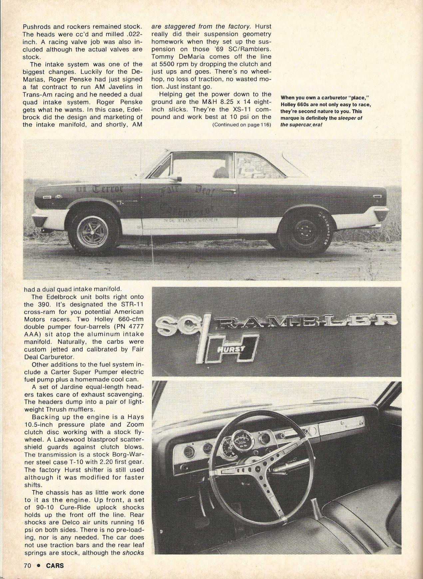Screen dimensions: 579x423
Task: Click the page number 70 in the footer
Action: point(27,565)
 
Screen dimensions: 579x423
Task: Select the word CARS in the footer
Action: point(55,565)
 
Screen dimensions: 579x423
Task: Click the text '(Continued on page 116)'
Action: point(241,125)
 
